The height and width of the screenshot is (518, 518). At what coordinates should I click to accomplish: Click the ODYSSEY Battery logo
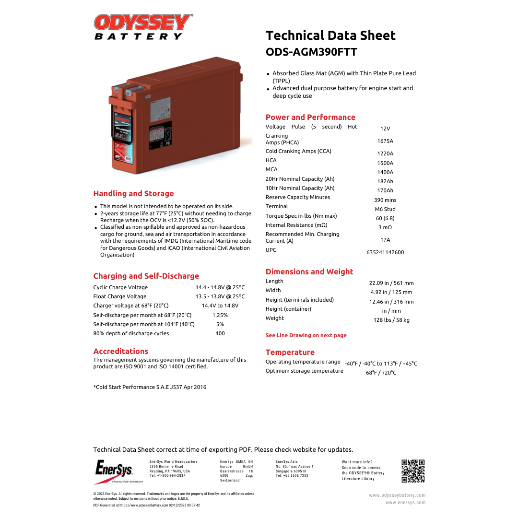tap(142, 27)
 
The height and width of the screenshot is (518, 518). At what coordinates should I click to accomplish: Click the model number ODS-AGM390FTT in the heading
tap(311, 52)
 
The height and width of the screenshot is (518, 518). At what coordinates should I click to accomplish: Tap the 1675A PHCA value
tap(385, 141)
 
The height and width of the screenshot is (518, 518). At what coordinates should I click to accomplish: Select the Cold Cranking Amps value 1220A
tap(385, 153)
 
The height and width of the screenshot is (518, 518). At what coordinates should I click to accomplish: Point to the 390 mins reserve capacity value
tap(385, 200)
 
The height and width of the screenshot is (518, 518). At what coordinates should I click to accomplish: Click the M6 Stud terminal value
tap(385, 209)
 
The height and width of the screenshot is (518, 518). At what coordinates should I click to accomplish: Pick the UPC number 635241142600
tap(385, 252)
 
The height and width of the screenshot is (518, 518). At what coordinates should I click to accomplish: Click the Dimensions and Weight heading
tap(309, 271)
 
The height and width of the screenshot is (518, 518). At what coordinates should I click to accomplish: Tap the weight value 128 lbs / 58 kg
tap(391, 320)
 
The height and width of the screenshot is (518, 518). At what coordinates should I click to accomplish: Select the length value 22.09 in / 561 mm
tap(391, 283)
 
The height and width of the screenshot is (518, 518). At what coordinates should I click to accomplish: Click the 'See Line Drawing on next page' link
tap(306, 335)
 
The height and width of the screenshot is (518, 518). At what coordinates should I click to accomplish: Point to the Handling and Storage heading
tap(133, 194)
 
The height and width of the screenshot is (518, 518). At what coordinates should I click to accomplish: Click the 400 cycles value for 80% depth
tap(220, 333)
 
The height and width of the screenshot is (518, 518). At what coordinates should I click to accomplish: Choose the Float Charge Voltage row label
tap(120, 296)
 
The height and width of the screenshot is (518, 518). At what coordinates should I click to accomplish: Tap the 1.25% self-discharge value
tap(220, 315)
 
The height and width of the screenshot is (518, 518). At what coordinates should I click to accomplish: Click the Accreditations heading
tap(121, 351)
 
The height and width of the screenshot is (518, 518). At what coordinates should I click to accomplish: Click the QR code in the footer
tap(413, 471)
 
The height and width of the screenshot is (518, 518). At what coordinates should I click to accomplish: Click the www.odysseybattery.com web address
tap(397, 495)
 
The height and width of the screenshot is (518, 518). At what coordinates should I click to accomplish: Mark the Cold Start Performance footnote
tap(150, 387)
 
